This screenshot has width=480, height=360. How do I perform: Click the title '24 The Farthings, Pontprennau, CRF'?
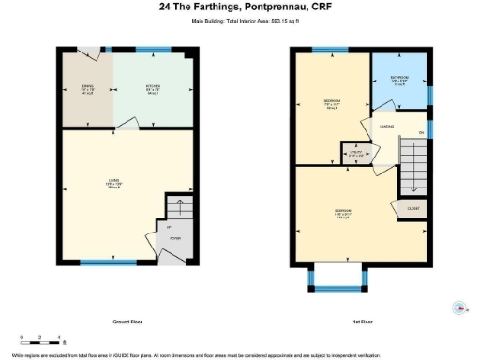coord(239,7)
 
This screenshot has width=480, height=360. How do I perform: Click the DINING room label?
coord(86,90)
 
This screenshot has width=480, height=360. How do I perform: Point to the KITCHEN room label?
coord(152,90)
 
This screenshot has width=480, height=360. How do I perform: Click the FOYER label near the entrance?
coord(174,239)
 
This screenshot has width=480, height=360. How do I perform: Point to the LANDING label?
coord(386,126)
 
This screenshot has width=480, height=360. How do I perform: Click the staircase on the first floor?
coord(412,159)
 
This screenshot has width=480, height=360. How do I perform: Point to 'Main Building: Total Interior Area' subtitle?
coord(240,19)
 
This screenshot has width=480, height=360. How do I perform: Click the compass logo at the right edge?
coord(459,307)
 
